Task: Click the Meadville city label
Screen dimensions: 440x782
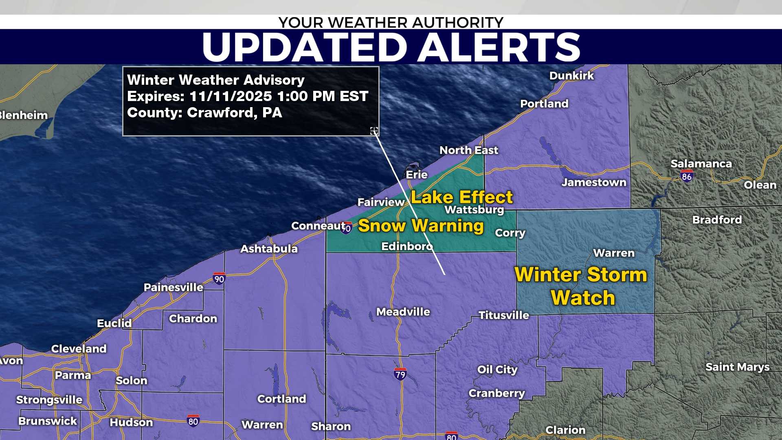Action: [403, 312]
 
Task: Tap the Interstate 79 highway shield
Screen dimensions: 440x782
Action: [400, 374]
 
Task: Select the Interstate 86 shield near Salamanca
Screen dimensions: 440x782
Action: [687, 176]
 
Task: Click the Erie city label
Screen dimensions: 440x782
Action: [417, 175]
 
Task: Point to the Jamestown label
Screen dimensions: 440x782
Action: [594, 183]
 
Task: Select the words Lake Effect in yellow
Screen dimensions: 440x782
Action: [461, 198]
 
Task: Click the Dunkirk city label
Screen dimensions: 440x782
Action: [571, 76]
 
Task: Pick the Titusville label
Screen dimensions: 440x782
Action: [504, 315]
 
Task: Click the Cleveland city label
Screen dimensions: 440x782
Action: [79, 349]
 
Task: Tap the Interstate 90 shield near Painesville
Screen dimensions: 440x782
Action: [219, 279]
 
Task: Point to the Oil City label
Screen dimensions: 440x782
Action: [497, 370]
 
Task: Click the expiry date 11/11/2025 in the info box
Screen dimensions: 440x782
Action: [231, 97]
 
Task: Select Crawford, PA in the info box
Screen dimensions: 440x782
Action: [234, 113]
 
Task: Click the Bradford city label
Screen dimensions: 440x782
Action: [717, 220]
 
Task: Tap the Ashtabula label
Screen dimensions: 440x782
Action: [269, 249]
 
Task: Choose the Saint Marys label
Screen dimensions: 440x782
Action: [737, 367]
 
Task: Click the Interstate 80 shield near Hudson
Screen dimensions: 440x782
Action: [193, 421]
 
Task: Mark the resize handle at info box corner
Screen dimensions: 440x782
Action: [374, 131]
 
